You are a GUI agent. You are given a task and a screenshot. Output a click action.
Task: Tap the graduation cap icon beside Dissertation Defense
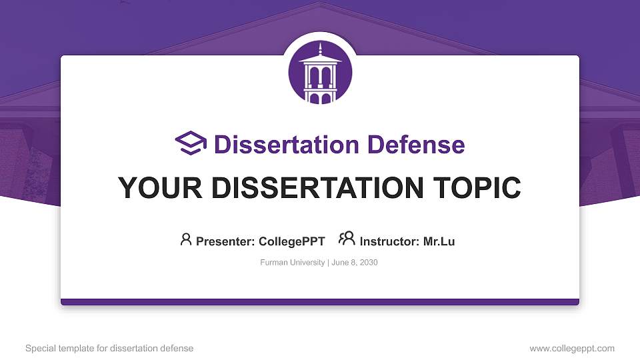click(191, 143)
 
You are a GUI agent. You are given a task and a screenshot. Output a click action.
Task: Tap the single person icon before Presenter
click(186, 239)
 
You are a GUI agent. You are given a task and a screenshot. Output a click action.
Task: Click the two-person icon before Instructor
click(347, 239)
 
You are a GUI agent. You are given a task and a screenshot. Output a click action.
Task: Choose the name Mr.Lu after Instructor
click(439, 241)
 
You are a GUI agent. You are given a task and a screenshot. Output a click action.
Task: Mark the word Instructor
click(389, 241)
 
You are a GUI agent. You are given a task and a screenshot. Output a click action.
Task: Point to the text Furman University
click(292, 263)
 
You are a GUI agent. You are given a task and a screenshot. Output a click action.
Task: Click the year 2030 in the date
click(368, 263)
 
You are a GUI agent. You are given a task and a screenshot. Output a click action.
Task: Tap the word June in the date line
click(339, 263)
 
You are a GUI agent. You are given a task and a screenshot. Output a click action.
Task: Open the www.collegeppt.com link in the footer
click(572, 348)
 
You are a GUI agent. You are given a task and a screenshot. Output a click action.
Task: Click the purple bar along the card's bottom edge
click(320, 302)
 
